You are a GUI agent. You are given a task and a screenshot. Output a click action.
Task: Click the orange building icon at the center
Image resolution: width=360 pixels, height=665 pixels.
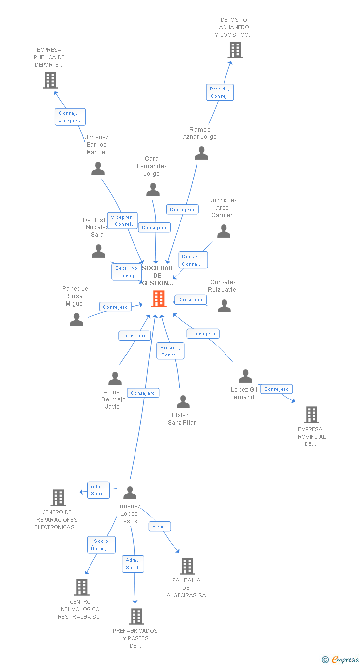pos(159,299)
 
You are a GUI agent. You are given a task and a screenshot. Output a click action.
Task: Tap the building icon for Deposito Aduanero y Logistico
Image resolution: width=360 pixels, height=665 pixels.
pos(235,50)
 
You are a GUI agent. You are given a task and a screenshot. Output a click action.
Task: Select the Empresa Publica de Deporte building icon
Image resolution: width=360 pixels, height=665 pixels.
pos(50,80)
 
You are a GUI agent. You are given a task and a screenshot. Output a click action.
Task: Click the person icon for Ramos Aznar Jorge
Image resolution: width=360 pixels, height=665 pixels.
pos(201,153)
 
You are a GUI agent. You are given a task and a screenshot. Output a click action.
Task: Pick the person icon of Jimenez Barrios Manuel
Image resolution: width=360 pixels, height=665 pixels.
pos(98,169)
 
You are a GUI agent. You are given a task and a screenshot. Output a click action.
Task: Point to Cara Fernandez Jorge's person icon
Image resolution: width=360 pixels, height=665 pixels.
pos(153,190)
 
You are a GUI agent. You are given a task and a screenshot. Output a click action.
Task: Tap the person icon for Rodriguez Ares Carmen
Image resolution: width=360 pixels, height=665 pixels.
pos(224,231)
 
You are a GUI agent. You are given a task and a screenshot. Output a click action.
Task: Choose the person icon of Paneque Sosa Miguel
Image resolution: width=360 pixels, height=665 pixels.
pos(77,320)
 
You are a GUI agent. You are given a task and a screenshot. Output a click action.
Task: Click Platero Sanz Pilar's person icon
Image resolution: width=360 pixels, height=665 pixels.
pos(183,402)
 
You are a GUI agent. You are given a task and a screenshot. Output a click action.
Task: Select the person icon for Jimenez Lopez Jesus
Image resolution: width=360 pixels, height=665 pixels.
pos(130,493)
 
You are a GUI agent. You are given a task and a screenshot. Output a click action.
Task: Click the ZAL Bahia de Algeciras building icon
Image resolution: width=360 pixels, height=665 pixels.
pos(187,566)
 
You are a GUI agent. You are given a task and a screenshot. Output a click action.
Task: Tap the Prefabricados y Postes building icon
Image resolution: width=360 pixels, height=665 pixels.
pos(136,617)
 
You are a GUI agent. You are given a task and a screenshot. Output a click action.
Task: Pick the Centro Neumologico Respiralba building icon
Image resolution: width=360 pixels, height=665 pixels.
pos(82,587)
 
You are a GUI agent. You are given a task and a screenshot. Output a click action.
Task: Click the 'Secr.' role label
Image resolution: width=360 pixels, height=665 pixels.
pos(160,527)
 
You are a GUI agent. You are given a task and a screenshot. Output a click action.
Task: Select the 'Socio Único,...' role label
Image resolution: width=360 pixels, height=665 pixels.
pos(101,545)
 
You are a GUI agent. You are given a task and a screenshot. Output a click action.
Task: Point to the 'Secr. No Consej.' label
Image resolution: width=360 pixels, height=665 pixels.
pos(127,272)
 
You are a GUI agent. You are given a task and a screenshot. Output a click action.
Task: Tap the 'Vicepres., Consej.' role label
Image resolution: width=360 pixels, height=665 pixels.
pos(122,221)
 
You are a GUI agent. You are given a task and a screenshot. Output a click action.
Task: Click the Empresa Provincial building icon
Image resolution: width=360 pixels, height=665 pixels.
pos(312,415)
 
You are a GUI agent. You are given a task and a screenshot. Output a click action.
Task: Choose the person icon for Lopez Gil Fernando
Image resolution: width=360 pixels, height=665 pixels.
pos(245,376)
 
